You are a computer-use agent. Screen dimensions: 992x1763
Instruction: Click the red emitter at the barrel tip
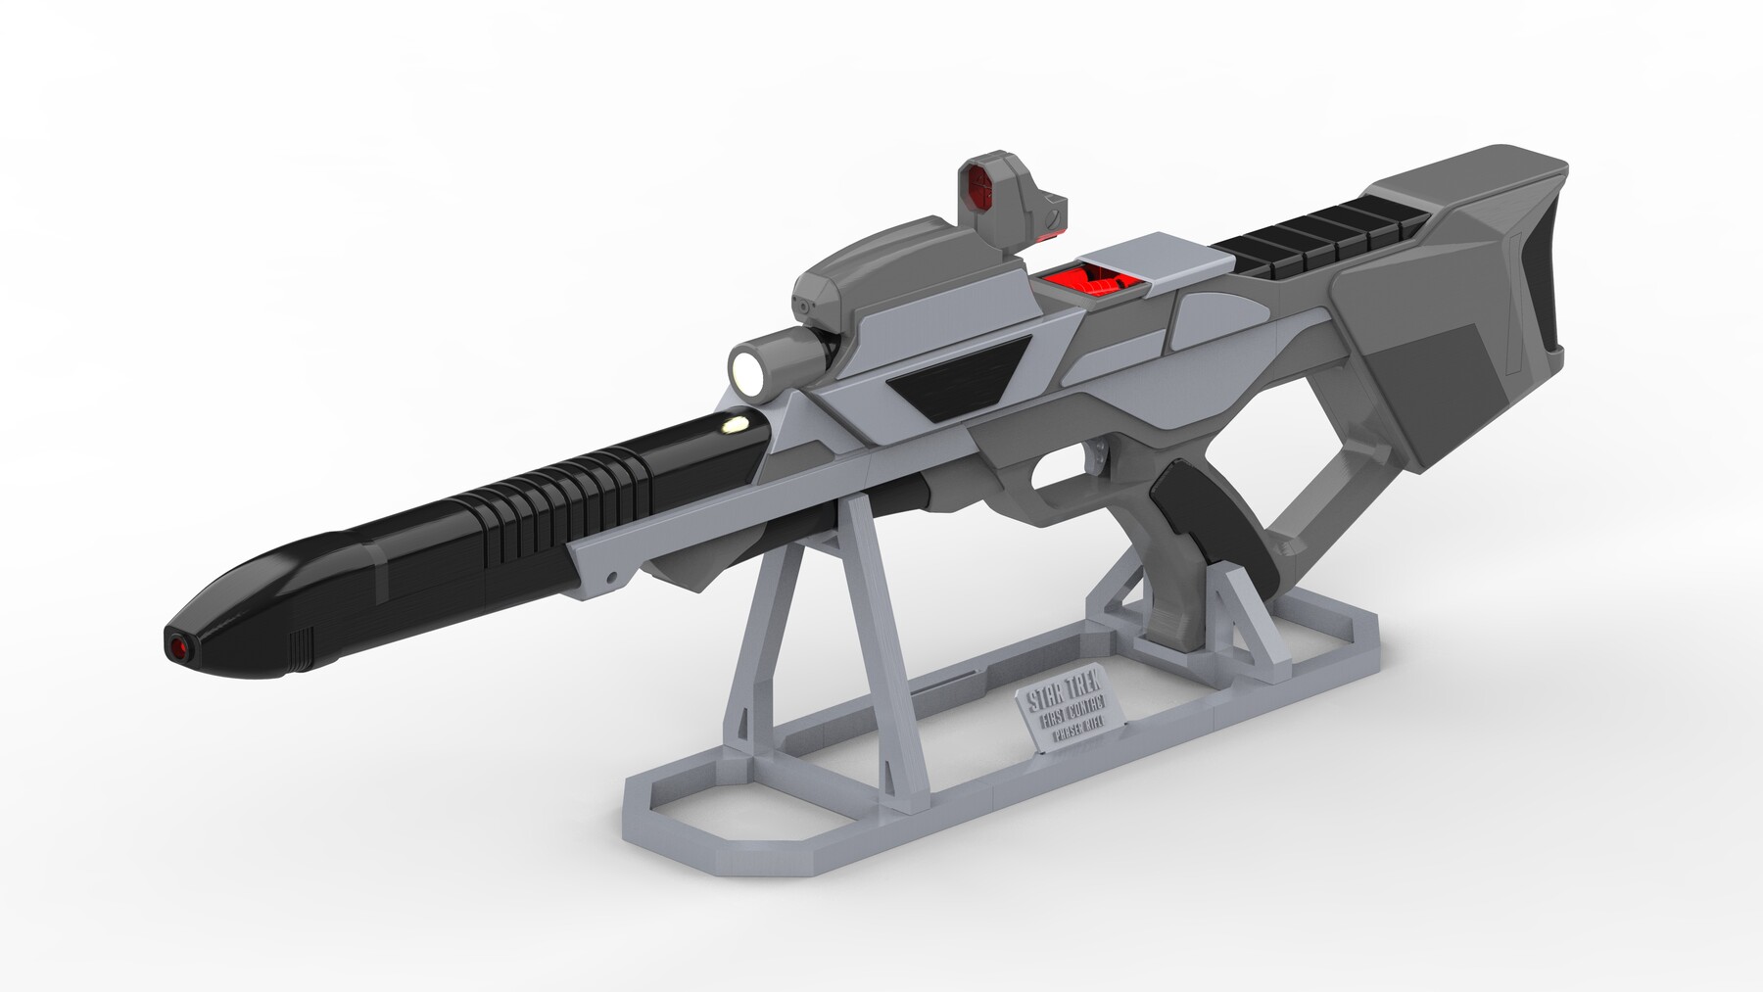click(176, 646)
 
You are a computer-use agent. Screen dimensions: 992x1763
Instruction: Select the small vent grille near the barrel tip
click(300, 646)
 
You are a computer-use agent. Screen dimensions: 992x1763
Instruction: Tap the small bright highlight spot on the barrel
click(732, 425)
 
